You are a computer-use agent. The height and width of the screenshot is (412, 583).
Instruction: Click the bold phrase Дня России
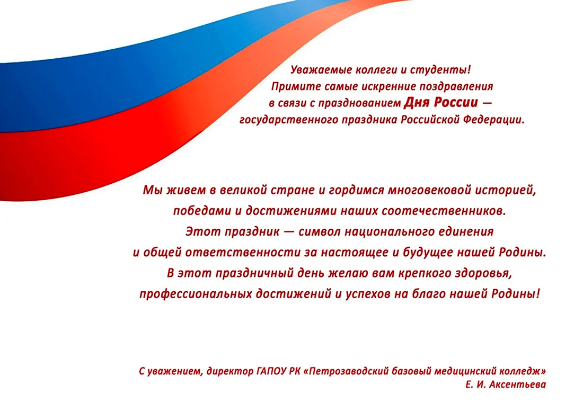coord(440,102)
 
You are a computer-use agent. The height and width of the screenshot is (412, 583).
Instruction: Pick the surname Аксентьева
coord(518,384)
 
